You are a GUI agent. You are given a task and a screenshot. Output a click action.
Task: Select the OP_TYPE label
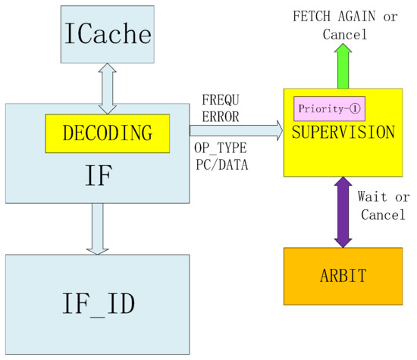pyautogui.click(x=225, y=149)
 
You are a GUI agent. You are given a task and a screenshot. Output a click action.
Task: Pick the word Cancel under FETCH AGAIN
pyautogui.click(x=343, y=35)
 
